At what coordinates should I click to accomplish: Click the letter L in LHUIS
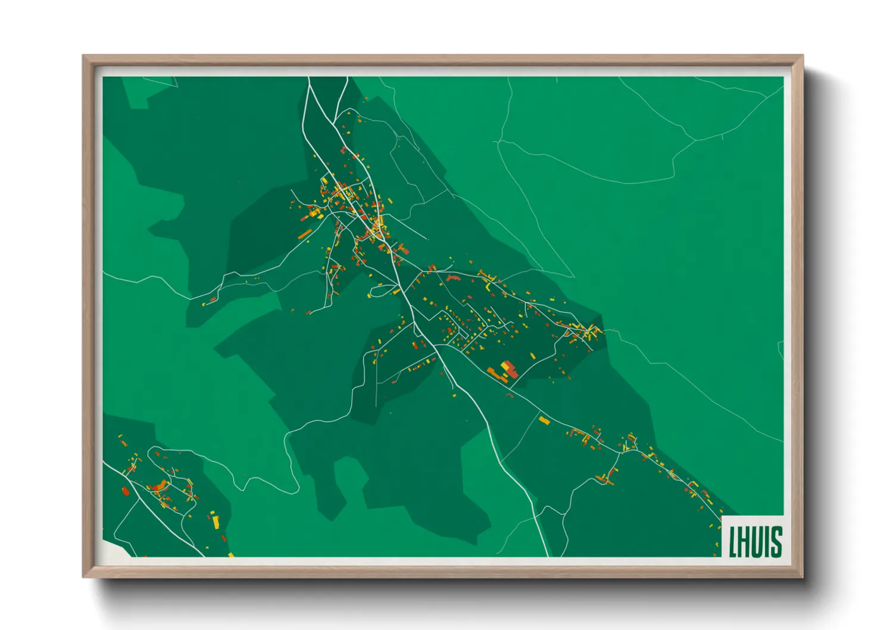coord(733,542)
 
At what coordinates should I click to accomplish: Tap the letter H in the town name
coord(744,542)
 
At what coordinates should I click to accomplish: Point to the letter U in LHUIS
coord(758,542)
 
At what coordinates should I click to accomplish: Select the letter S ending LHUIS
coord(776,542)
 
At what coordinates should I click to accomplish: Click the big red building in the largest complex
coord(511,372)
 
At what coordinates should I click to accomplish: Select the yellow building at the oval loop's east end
coord(395,291)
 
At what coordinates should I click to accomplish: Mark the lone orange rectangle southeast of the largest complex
coord(543,420)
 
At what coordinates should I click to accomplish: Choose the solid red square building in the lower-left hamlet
coord(125,491)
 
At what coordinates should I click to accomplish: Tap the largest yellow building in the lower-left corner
coord(216,522)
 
